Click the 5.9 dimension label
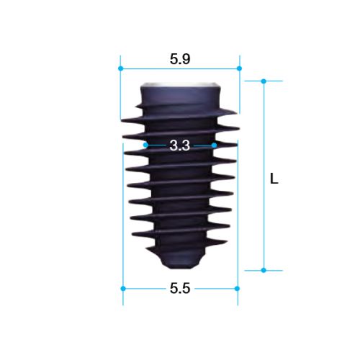pyautogui.click(x=180, y=59)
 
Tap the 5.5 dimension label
pyautogui.click(x=180, y=288)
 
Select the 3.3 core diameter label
pyautogui.click(x=180, y=145)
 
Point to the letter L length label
pyautogui.click(x=274, y=179)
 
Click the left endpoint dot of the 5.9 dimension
pyautogui.click(x=121, y=68)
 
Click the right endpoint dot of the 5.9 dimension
pyautogui.click(x=239, y=68)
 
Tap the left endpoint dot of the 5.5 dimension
pyautogui.click(x=123, y=289)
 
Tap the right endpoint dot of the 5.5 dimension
pyautogui.click(x=237, y=289)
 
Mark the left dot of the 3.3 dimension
pyautogui.click(x=145, y=145)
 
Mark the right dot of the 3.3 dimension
pyautogui.click(x=215, y=145)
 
